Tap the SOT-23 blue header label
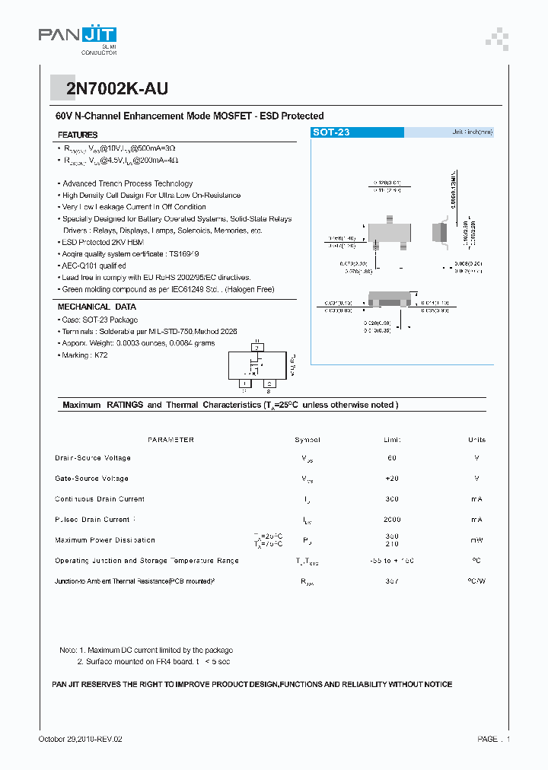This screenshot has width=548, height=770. click(x=332, y=132)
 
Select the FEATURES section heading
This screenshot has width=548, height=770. click(x=78, y=135)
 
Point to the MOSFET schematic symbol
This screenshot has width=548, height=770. click(x=257, y=367)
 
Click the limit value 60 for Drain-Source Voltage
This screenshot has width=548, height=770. click(x=392, y=458)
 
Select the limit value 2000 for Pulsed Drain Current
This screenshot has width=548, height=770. click(x=392, y=520)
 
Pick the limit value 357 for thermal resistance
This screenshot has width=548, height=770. click(x=392, y=581)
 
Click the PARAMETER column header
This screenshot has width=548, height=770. click(x=170, y=440)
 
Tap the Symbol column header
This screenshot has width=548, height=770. click(x=307, y=440)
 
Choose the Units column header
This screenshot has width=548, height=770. click(x=476, y=440)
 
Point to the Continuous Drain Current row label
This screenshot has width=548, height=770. click(x=100, y=499)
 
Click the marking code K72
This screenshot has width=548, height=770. click(x=101, y=355)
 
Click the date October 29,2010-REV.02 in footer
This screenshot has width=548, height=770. click(x=80, y=739)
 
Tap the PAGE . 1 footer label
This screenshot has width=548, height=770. click(x=494, y=739)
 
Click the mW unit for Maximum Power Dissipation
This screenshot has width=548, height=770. click(x=476, y=540)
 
